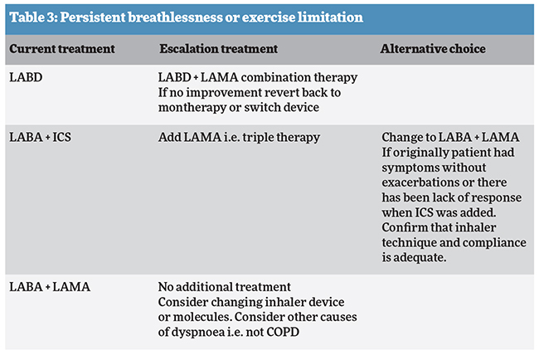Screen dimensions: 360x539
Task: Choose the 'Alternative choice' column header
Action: tap(432, 50)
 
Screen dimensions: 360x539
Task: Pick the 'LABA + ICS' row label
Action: tap(41, 136)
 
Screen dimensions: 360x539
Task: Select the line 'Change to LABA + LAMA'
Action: tap(445, 136)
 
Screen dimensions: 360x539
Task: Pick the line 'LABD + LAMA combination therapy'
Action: tap(257, 77)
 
